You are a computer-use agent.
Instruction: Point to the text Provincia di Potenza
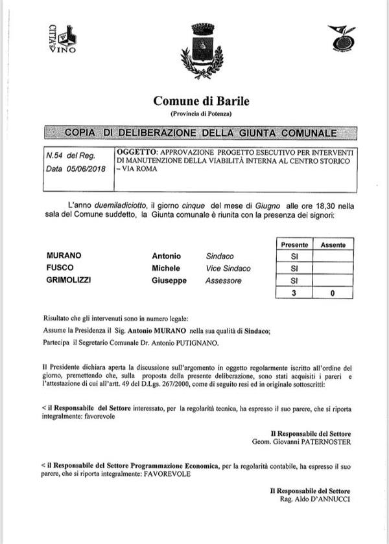201,114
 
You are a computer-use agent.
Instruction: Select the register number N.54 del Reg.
71,156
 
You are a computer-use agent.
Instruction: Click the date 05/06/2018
88,170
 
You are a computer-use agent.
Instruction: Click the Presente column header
294,245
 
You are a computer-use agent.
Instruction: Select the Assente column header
333,245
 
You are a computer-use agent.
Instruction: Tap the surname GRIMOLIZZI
72,281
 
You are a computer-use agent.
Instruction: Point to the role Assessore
223,281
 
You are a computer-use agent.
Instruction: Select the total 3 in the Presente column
294,293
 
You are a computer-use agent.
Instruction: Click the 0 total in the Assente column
333,293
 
